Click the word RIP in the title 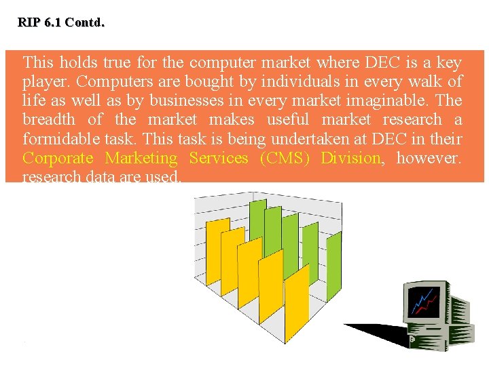click(29, 22)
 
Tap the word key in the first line click(449, 63)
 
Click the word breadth click(49, 120)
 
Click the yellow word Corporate click(58, 158)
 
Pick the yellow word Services click(219, 158)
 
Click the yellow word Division click(350, 158)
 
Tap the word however click(429, 158)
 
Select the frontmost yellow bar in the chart click(297, 308)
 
